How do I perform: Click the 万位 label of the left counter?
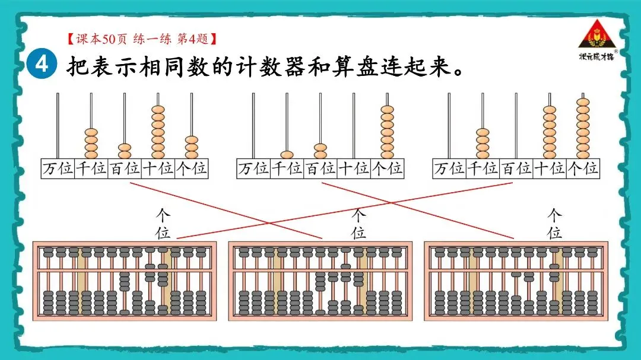click(x=58, y=169)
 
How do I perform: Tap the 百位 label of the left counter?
click(x=125, y=169)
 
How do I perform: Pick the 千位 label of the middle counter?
click(x=287, y=169)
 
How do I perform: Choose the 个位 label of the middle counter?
click(x=387, y=169)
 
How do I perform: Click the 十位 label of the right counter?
click(x=550, y=169)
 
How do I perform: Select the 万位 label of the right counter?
click(x=449, y=169)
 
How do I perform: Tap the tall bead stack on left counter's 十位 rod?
click(x=158, y=132)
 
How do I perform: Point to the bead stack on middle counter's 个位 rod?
click(x=387, y=132)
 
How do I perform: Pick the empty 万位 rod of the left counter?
click(x=58, y=125)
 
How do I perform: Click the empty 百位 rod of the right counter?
click(x=516, y=125)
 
